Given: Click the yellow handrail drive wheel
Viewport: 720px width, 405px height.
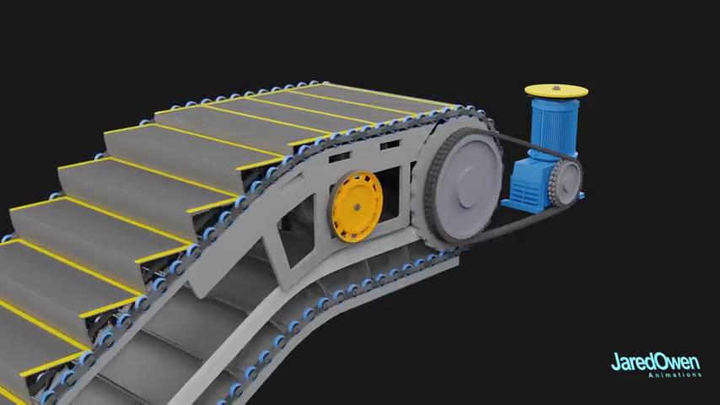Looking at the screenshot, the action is click(x=356, y=207).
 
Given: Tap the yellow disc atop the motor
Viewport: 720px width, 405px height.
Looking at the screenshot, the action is click(x=556, y=91).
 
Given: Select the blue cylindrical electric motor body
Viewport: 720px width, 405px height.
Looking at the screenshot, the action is click(x=555, y=127).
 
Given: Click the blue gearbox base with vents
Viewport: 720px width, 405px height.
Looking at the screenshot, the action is click(x=528, y=185).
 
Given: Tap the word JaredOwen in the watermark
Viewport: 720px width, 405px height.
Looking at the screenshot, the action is click(x=655, y=362).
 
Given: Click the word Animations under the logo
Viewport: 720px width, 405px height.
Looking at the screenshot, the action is click(x=675, y=375).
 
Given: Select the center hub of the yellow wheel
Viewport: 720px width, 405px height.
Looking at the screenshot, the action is click(x=357, y=208).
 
